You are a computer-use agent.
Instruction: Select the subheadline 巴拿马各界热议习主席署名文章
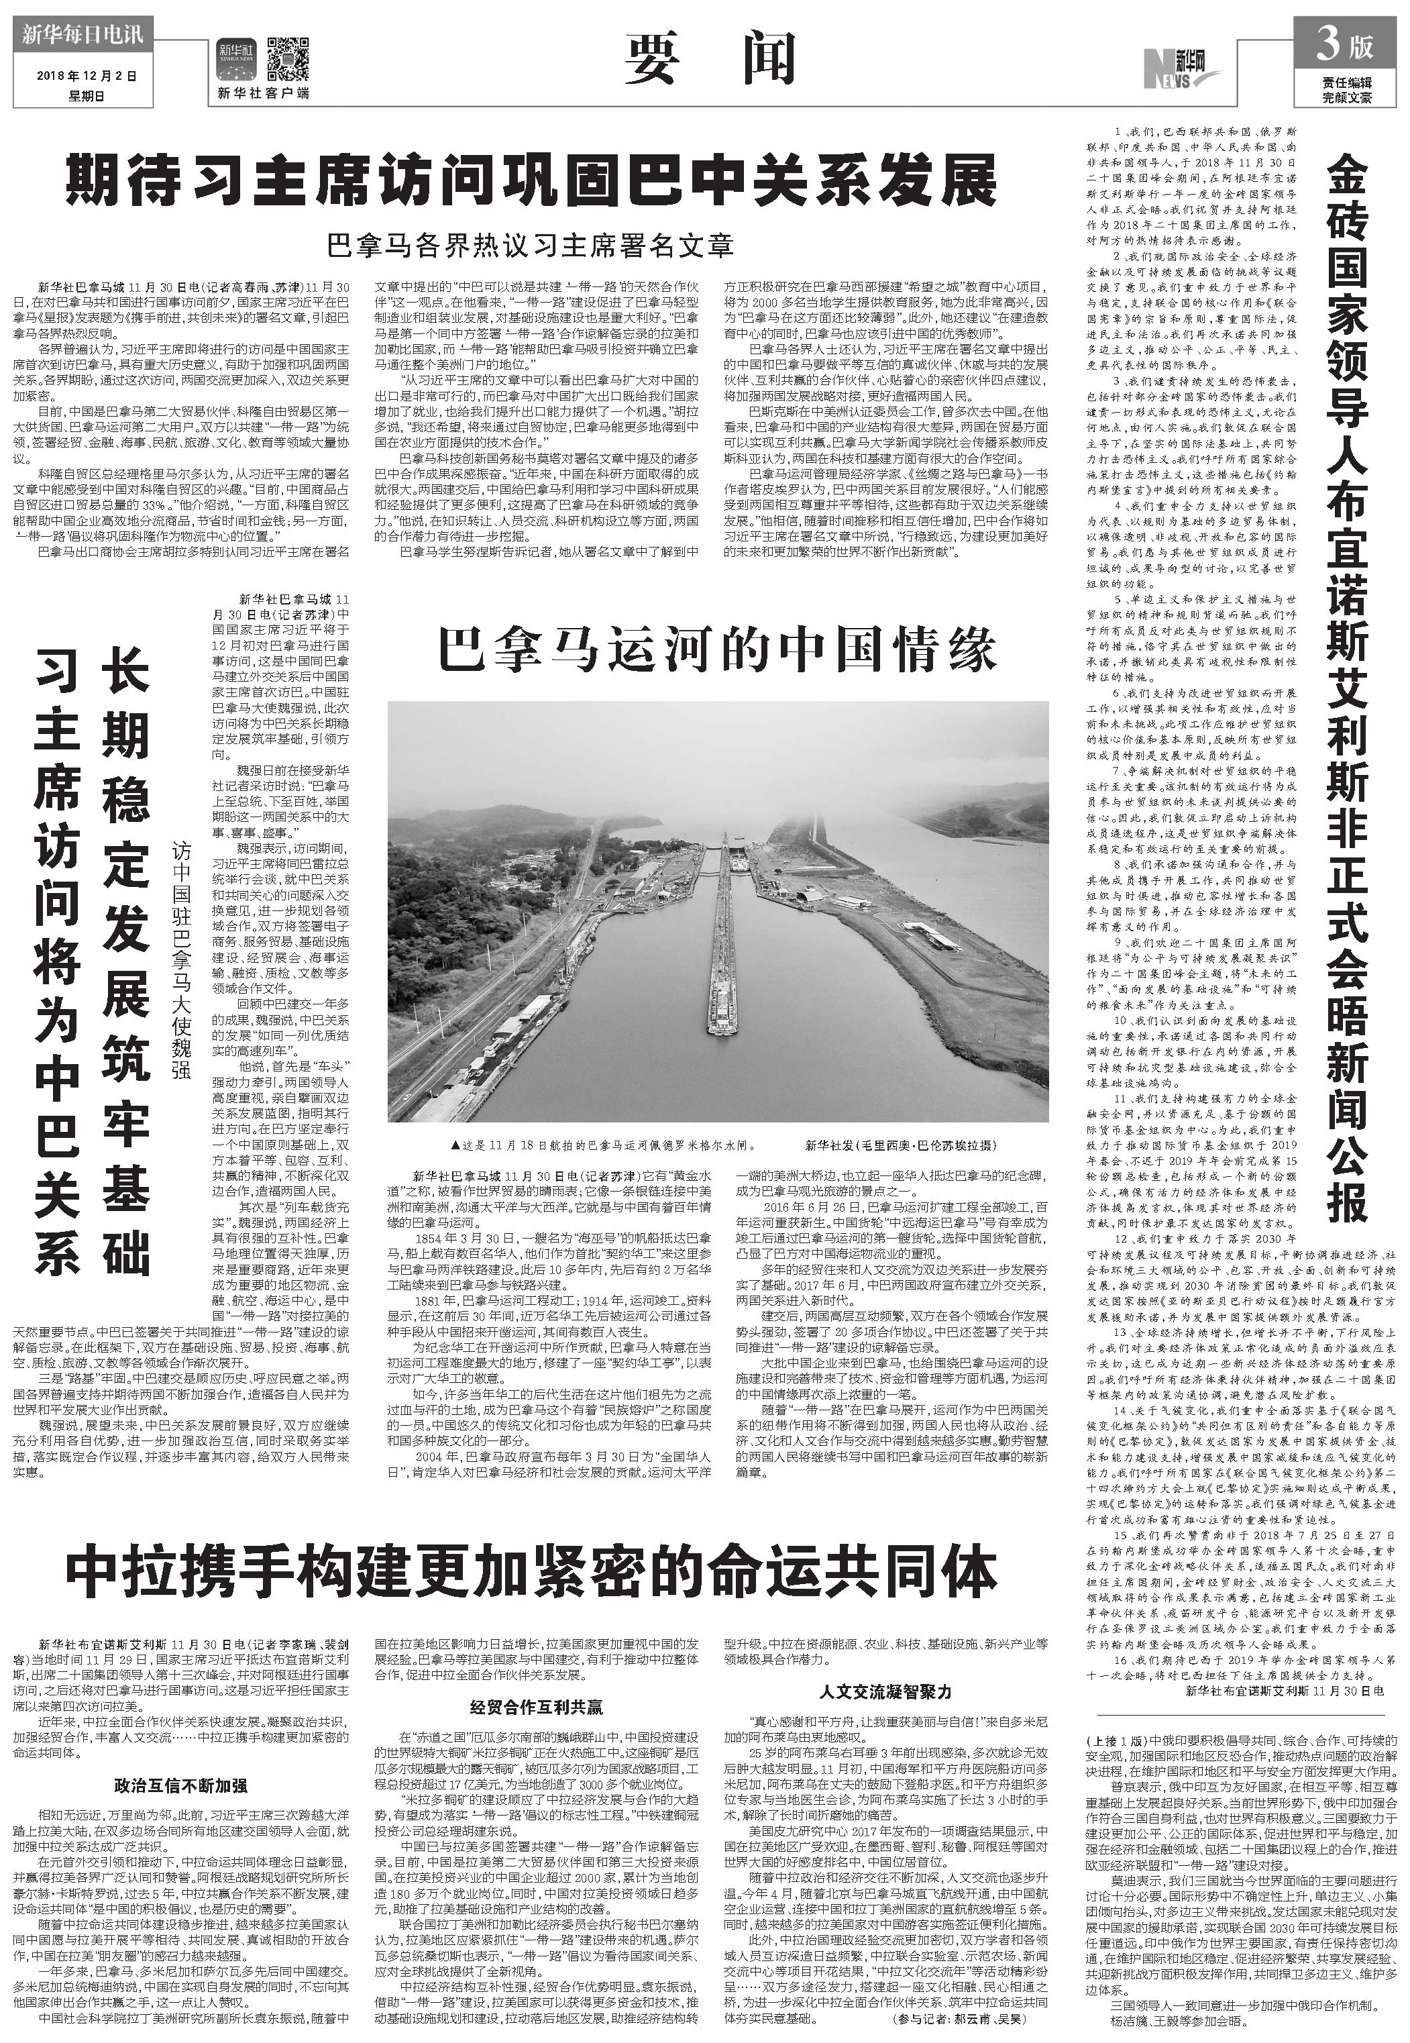pos(530,245)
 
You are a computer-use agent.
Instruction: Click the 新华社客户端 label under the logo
pos(263,93)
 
